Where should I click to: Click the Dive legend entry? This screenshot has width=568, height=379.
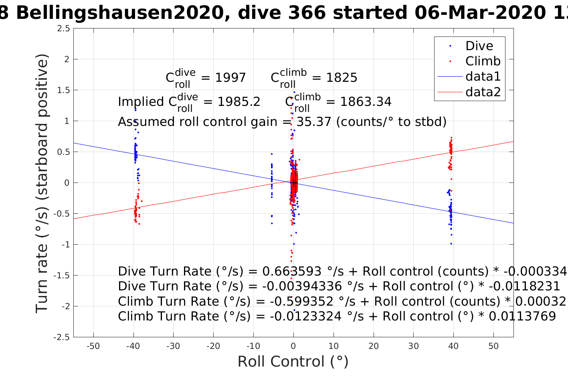click(x=479, y=46)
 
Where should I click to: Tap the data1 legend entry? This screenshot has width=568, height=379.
click(x=483, y=77)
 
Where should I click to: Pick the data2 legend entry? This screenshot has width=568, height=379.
click(x=483, y=92)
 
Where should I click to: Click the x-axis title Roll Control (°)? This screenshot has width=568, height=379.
click(x=293, y=362)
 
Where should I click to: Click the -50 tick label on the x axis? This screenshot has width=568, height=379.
click(x=93, y=347)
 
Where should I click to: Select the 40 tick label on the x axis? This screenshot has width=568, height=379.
click(x=453, y=347)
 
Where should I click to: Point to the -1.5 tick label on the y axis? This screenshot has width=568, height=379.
click(x=62, y=276)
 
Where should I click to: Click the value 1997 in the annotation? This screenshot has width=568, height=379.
click(x=230, y=78)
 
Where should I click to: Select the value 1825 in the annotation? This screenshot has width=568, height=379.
click(x=342, y=78)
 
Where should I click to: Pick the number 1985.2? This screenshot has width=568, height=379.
click(x=239, y=102)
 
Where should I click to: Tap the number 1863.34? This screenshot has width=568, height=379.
click(x=366, y=102)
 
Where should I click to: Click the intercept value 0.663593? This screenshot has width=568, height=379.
click(x=292, y=272)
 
